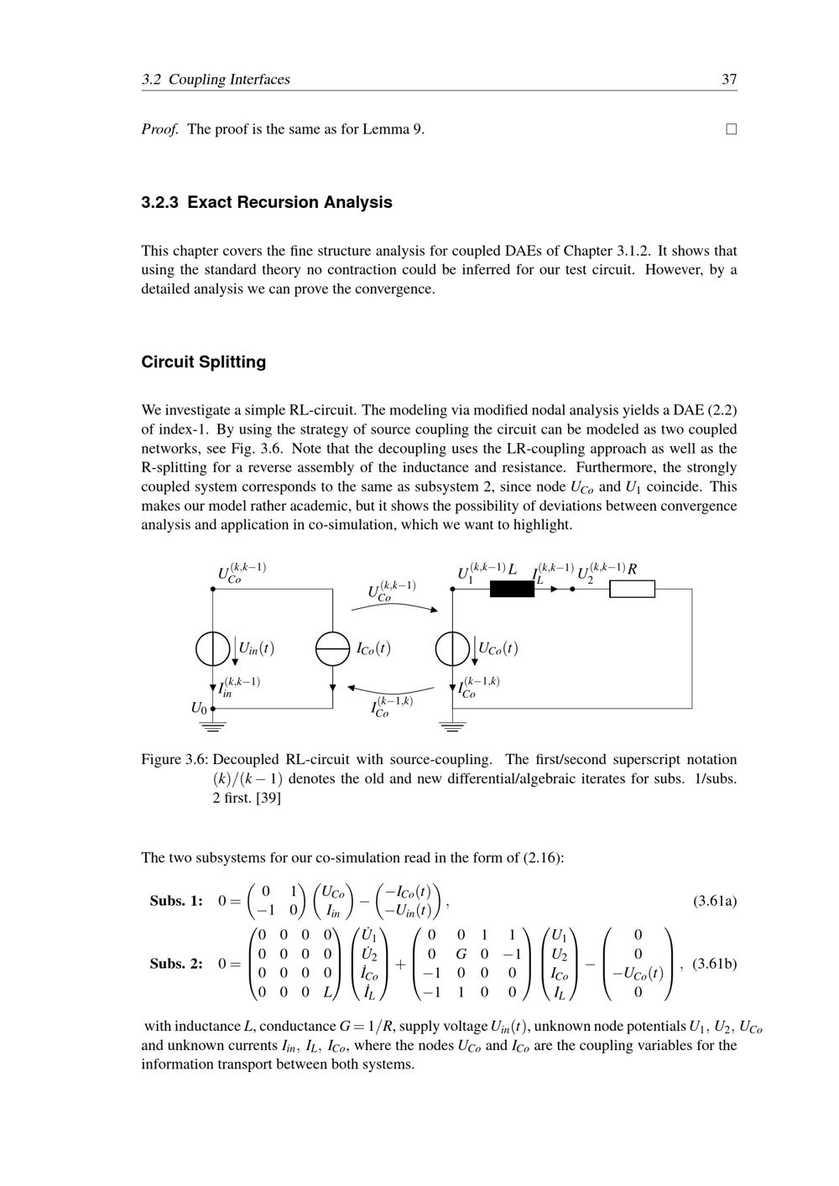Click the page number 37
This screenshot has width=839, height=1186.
(729, 80)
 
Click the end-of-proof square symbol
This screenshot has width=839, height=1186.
(732, 129)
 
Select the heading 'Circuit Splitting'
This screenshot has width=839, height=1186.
(203, 362)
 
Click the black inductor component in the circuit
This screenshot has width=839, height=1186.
(512, 589)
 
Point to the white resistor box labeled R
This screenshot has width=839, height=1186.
(632, 589)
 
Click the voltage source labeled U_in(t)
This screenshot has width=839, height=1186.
(213, 648)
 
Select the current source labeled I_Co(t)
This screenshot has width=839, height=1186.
(333, 648)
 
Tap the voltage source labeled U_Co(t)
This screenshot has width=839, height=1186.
(453, 648)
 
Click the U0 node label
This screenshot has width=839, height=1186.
(198, 708)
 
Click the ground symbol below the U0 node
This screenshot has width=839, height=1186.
(214, 724)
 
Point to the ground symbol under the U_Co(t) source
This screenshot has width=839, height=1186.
(453, 724)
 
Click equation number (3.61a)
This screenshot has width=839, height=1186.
(714, 902)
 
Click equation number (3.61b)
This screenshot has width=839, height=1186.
(714, 964)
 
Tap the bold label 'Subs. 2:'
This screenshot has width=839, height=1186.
(176, 964)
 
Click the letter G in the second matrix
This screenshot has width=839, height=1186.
(461, 955)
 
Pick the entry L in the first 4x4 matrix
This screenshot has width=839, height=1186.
(328, 993)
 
